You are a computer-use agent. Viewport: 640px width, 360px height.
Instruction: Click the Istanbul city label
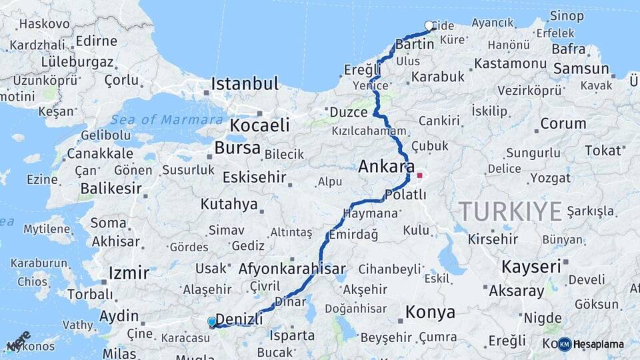coord(245,84)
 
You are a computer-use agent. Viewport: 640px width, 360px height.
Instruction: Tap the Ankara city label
coord(387,167)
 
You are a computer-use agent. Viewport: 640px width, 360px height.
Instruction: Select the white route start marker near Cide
coord(429,26)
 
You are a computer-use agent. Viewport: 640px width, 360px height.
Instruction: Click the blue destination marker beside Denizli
coord(212,322)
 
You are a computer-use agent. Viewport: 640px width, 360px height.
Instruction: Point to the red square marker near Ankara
coord(419,176)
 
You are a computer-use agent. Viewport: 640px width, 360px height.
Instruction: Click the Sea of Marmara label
coord(167,120)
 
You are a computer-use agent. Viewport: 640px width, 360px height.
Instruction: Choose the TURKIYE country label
coord(510,211)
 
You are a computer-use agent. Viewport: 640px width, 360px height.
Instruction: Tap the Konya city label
coord(430,312)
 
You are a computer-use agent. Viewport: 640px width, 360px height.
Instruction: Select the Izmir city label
coord(129,273)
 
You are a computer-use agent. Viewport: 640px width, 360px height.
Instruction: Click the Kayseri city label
coord(531,267)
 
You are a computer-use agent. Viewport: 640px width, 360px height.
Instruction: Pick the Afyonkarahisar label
coord(292,269)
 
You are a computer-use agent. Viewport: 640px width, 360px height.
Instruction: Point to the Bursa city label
coord(237,148)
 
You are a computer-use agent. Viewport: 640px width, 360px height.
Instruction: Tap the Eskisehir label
coord(254,177)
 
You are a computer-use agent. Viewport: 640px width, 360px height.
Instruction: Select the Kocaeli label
coord(260,125)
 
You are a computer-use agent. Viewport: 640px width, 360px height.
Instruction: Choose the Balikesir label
coord(111,189)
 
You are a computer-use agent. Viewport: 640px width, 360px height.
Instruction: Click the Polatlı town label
coord(405,195)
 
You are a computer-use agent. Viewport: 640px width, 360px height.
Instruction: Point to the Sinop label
coord(567,15)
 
